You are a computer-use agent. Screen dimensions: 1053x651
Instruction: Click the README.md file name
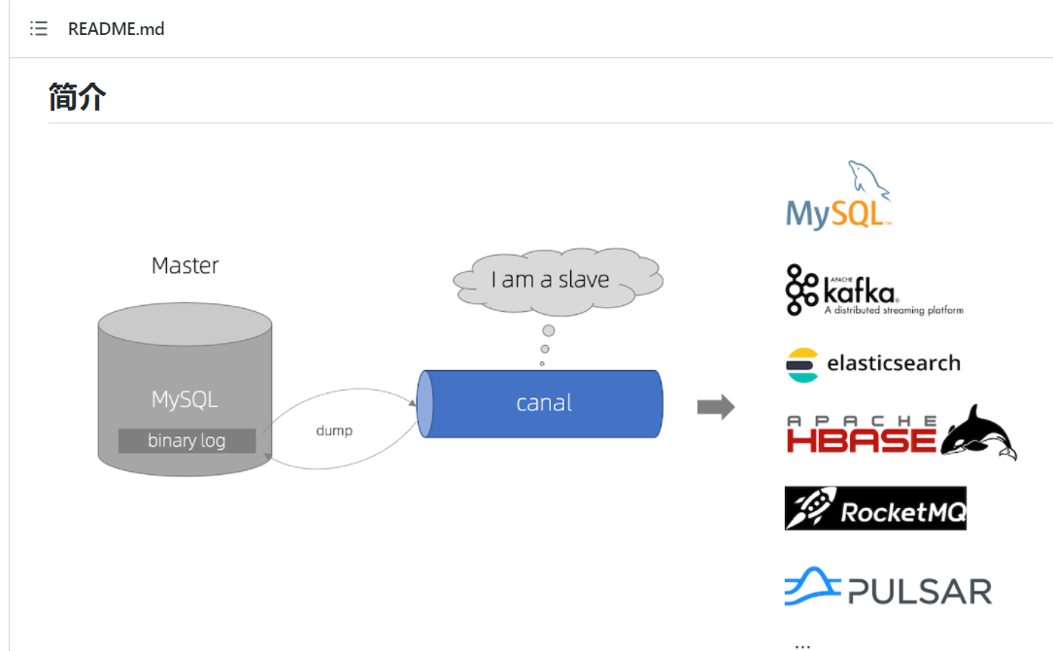coord(117,29)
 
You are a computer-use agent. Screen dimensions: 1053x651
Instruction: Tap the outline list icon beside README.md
coord(39,28)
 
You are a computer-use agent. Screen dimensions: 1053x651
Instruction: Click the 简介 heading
coord(78,97)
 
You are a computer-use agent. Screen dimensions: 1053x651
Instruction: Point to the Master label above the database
coord(186,265)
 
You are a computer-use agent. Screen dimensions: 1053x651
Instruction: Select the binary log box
coord(187,441)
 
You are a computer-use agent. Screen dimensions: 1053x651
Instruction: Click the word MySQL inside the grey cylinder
coord(185,399)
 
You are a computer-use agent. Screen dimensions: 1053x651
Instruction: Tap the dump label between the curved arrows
coord(334,430)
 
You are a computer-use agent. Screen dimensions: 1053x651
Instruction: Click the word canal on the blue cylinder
coord(544,403)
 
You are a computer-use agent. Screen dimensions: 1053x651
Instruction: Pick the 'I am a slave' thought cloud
coord(558,281)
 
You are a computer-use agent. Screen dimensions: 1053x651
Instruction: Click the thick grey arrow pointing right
coord(716,406)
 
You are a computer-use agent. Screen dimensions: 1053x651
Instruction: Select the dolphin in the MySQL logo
coord(868,180)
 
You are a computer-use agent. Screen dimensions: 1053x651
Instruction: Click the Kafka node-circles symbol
coord(801,290)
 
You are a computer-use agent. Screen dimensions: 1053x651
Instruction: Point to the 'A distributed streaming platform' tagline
coord(894,310)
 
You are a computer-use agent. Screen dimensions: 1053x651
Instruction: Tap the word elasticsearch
coord(893,362)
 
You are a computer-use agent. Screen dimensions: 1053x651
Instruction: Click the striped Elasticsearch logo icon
coord(802,365)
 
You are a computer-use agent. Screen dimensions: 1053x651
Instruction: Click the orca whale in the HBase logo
coord(978,433)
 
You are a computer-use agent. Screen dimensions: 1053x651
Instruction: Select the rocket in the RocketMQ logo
coord(811,507)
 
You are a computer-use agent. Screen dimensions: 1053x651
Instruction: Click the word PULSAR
coord(920,592)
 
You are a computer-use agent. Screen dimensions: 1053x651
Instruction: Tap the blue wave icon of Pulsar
coord(812,586)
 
